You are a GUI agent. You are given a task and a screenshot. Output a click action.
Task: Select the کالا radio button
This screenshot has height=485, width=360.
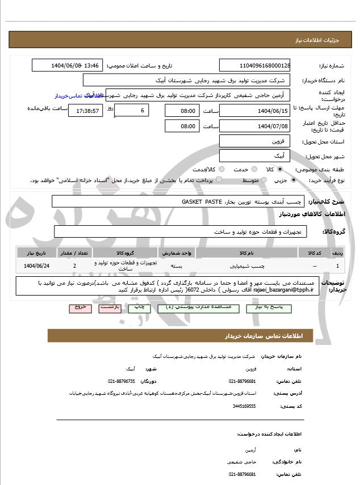coord(279,170)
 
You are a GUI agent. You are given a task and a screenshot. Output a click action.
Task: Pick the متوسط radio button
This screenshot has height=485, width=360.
coord(263,180)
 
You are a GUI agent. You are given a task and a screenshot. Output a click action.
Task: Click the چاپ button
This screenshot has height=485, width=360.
coord(140,307)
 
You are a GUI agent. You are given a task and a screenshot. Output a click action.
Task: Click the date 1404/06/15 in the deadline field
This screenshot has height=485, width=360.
coord(254,110)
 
